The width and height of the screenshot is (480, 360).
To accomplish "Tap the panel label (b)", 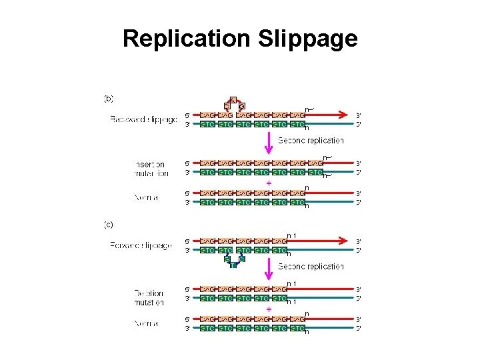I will [x=109, y=98].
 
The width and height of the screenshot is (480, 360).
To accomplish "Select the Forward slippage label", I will [x=141, y=246].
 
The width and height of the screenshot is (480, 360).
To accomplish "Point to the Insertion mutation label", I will [x=150, y=168].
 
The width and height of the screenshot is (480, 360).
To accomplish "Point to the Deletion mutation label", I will [x=148, y=297].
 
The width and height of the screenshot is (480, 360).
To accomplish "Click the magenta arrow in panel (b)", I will [x=268, y=141].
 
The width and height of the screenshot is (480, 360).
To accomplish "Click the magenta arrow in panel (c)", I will [x=268, y=268].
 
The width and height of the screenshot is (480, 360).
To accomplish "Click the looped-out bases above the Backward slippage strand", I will [x=233, y=103].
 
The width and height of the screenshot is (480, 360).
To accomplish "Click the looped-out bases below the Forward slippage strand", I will [x=234, y=261].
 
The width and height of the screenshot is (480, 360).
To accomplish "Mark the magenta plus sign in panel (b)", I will [x=269, y=183].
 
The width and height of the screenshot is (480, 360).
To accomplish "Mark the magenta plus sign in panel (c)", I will [x=269, y=309].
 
